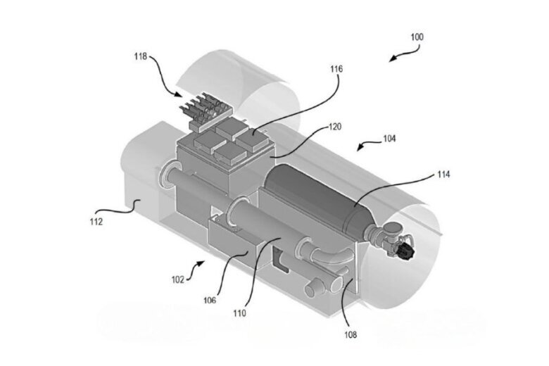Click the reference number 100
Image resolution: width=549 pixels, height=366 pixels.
417,37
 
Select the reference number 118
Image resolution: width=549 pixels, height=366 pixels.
141,56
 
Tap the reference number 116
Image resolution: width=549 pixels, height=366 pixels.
336,69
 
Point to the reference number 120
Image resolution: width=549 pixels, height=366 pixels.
335,127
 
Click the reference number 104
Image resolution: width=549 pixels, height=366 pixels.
389,139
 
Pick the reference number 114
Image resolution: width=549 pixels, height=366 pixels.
443,174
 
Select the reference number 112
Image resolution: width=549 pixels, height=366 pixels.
96,222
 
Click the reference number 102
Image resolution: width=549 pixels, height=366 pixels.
178,279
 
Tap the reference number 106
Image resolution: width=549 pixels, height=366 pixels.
210,300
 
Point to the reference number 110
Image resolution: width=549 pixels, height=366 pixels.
240,313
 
